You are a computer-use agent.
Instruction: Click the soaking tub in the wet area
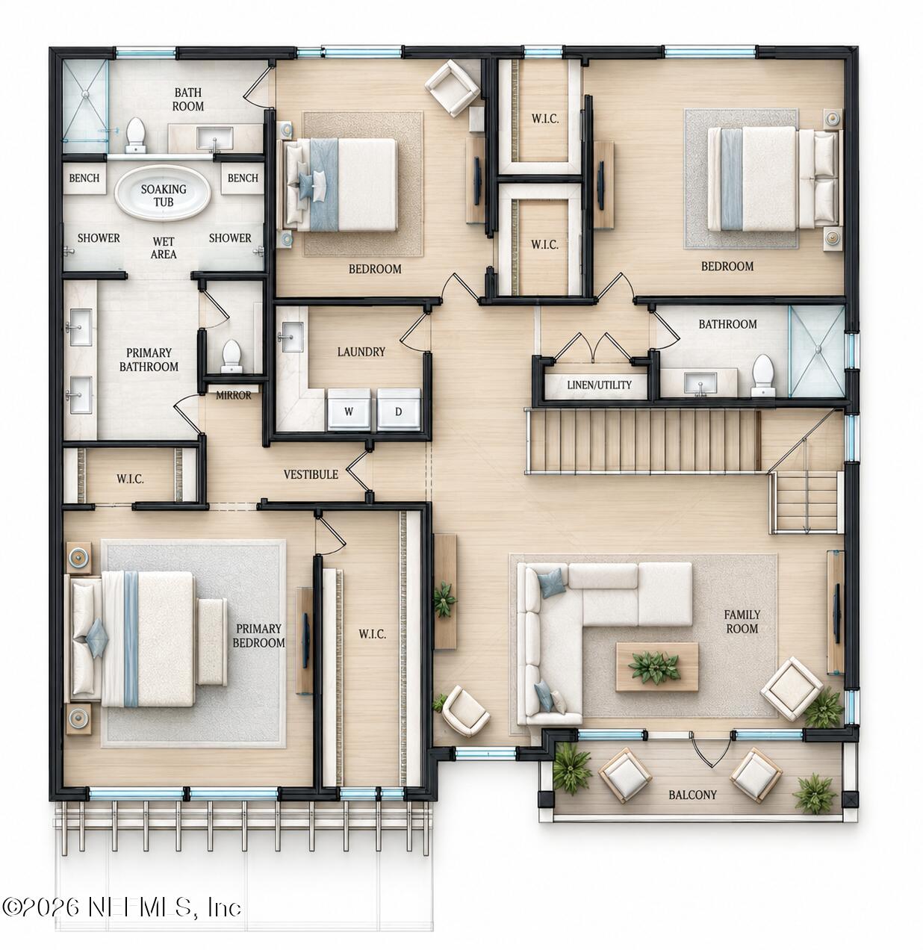163,193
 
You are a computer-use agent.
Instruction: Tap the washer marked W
349,409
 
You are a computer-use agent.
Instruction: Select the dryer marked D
399,409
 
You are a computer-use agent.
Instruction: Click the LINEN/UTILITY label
600,385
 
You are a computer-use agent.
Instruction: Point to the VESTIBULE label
311,474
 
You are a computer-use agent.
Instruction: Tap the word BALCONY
692,795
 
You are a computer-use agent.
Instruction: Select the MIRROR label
233,395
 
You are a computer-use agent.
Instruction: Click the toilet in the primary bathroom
231,356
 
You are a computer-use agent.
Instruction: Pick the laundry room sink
291,337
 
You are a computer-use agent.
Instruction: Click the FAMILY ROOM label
742,621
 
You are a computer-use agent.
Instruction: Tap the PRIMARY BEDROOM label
258,636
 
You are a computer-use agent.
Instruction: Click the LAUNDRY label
361,352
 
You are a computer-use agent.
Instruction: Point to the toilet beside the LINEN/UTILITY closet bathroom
763,376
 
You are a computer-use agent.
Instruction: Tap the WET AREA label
164,248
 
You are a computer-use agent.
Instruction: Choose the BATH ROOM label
188,99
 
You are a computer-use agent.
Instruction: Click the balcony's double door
711,749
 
